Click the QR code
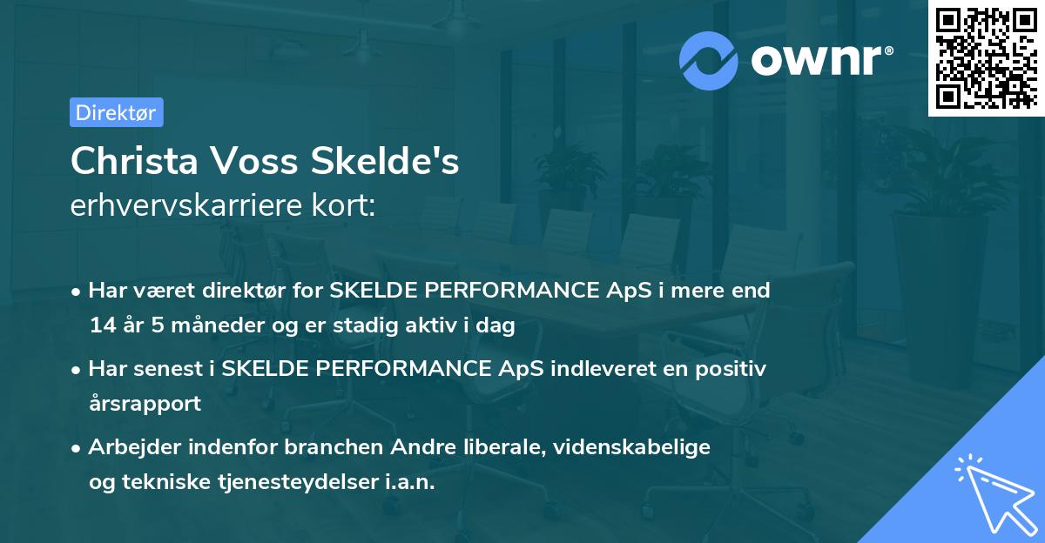click(985, 57)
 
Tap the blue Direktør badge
click(116, 112)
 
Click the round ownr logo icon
click(709, 60)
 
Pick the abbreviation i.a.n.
click(408, 482)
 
